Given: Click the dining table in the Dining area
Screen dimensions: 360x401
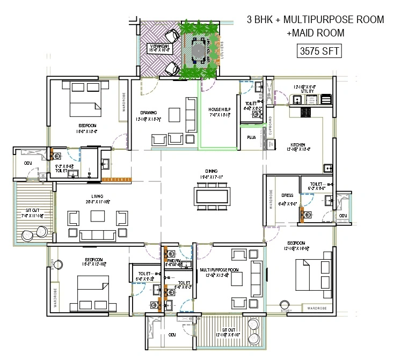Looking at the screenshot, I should (x=213, y=194).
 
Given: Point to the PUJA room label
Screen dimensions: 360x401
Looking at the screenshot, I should (x=251, y=137).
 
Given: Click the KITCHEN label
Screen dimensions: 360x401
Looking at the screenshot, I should (x=298, y=145).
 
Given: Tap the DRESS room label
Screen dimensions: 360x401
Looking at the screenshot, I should (x=287, y=195).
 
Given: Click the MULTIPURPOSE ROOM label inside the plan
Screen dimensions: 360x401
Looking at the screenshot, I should (x=218, y=269).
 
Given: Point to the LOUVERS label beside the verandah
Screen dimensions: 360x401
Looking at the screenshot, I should (x=221, y=52).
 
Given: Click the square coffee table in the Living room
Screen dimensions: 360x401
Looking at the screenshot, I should (x=97, y=216).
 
